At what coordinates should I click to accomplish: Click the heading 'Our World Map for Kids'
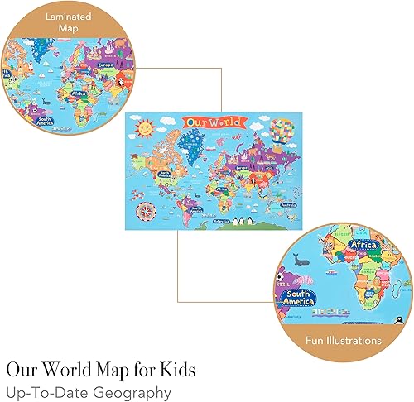click(x=103, y=368)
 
